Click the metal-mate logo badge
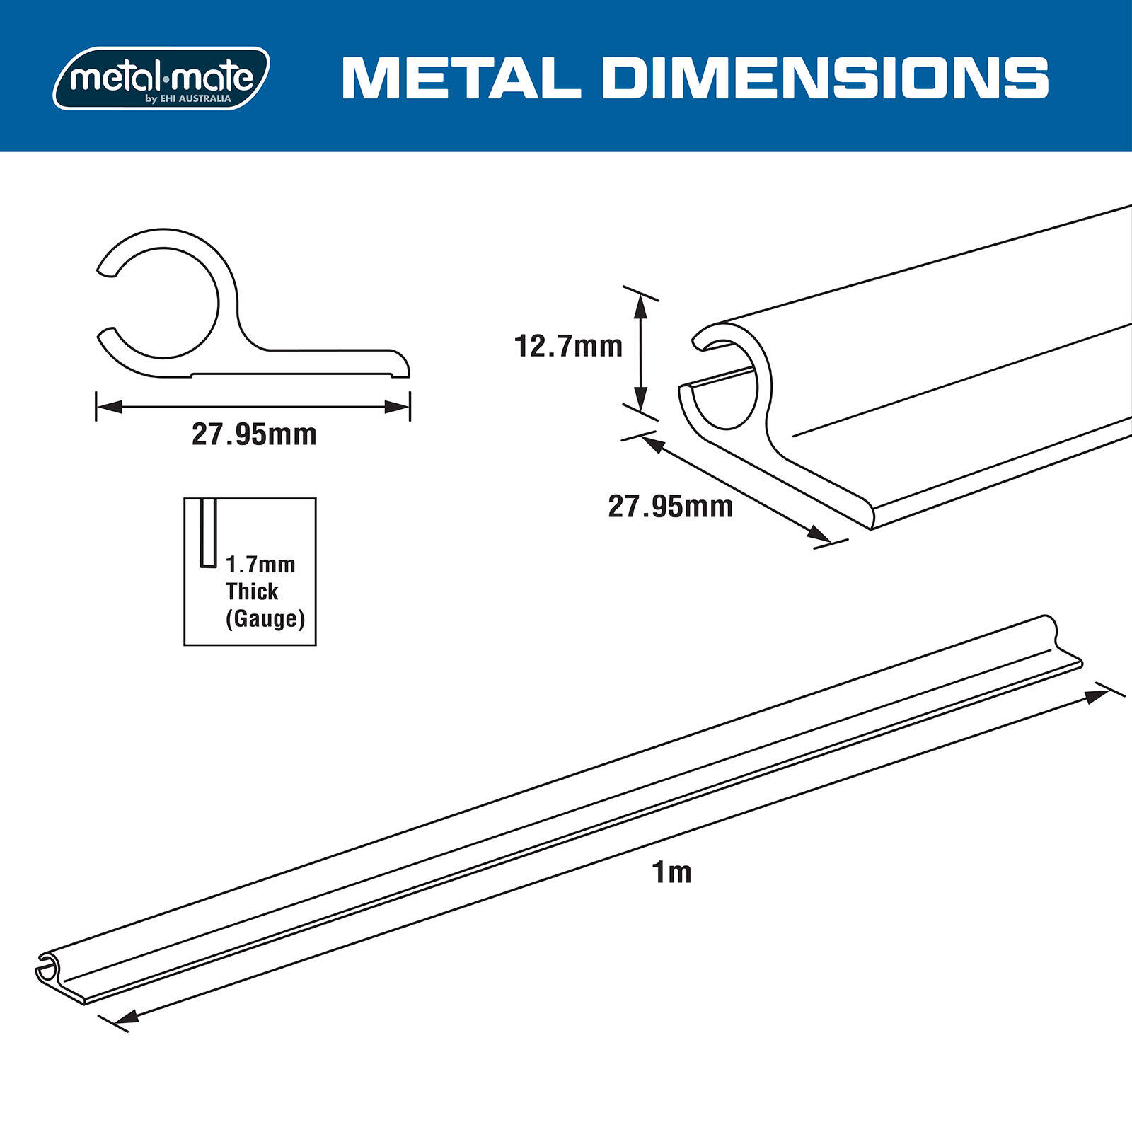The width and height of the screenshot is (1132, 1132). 161,78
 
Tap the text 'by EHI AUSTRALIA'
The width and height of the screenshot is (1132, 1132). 188,99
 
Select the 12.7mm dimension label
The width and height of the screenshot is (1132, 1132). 568,347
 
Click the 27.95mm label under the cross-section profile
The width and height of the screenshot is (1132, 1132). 254,434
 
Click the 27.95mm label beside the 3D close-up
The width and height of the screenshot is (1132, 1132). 670,507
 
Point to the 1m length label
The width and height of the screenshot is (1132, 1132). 671,872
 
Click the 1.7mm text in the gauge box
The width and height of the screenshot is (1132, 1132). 260,565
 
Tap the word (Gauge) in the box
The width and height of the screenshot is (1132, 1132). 265,619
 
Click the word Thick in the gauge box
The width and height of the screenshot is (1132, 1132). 252,591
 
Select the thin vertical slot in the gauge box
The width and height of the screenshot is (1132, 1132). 208,533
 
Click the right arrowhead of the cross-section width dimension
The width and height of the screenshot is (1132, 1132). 398,407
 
